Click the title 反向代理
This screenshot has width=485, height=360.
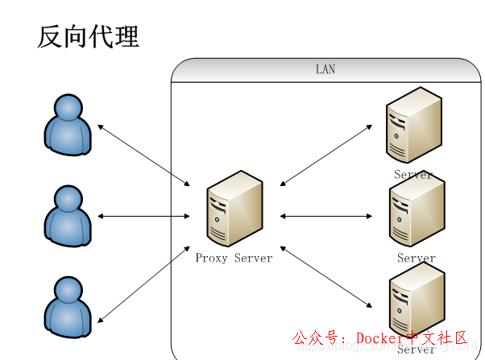point(88,36)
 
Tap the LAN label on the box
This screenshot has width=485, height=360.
point(325,70)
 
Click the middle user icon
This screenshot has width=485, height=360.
point(67,215)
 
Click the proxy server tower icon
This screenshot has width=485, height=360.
point(234,208)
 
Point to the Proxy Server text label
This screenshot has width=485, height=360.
point(234,259)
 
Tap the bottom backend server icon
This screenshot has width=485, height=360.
point(416,302)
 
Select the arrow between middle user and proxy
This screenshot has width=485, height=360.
point(143,216)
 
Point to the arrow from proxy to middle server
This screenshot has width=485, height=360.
point(325,216)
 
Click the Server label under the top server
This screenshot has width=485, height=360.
point(413,175)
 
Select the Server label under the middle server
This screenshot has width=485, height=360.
point(416,259)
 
